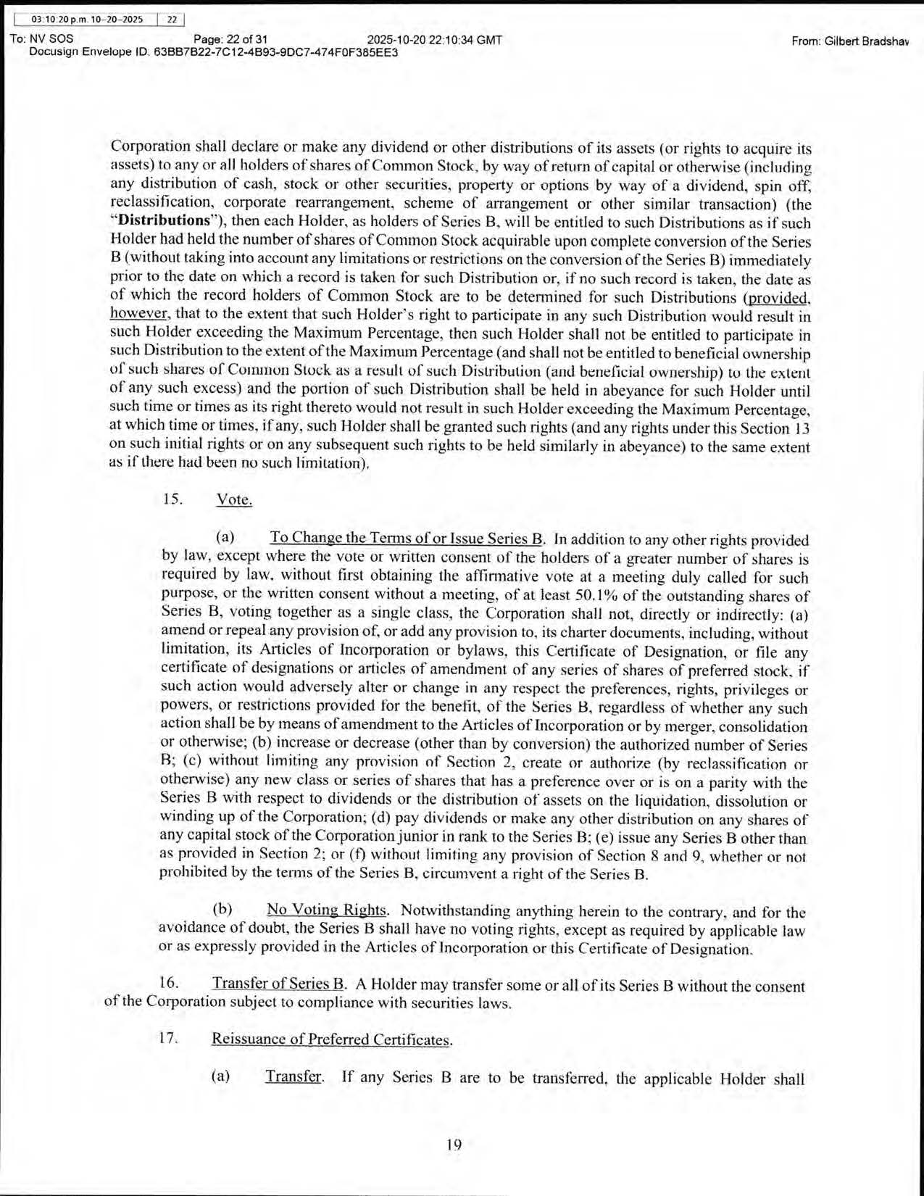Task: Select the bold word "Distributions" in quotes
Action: pyautogui.click(x=164, y=220)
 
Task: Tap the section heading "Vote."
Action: pyautogui.click(x=234, y=499)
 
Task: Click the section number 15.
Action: pyautogui.click(x=172, y=499)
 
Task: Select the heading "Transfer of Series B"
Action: pyautogui.click(x=278, y=984)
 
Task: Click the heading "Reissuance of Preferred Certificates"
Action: pyautogui.click(x=331, y=1039)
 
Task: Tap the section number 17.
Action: pyautogui.click(x=168, y=1038)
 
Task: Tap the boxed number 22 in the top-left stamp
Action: pyautogui.click(x=172, y=20)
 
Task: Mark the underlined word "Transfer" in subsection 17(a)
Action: pyautogui.click(x=294, y=1076)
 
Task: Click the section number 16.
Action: pyautogui.click(x=168, y=983)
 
